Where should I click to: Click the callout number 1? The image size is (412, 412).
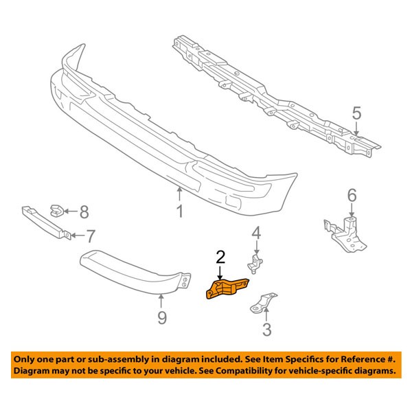[x=179, y=212]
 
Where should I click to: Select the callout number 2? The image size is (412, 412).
[x=220, y=257]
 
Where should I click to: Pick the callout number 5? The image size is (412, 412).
[x=356, y=111]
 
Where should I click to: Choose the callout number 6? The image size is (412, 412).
[x=352, y=196]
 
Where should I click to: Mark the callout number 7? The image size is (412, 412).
[x=91, y=237]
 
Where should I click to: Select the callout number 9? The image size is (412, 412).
[x=161, y=317]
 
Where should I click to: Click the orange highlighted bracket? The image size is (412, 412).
[x=227, y=286]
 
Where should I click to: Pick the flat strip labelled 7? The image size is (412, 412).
[x=44, y=222]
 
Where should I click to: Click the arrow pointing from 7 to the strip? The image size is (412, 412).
[x=78, y=237]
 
